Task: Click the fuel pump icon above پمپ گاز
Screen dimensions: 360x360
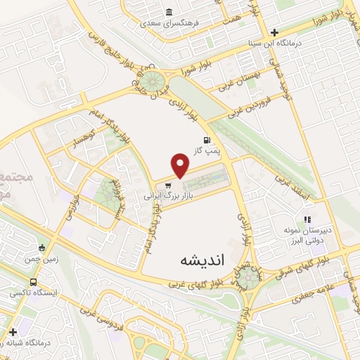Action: pyautogui.click(x=206, y=140)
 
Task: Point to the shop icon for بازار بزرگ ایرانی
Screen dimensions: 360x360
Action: pyautogui.click(x=167, y=186)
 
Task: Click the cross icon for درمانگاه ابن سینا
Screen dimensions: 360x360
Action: pyautogui.click(x=274, y=32)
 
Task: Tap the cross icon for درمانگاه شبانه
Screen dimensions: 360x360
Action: pyautogui.click(x=13, y=332)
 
